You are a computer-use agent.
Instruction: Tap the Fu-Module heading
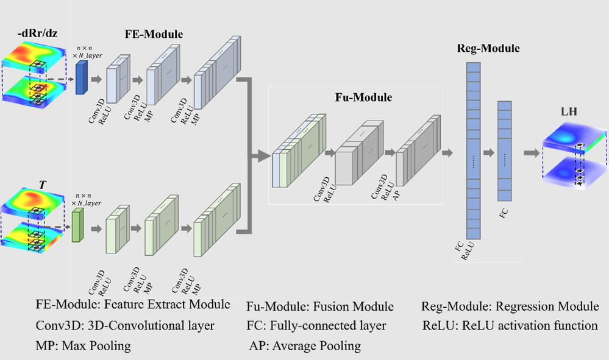click(x=363, y=97)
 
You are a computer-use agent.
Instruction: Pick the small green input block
click(x=77, y=225)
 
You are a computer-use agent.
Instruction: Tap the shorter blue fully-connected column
click(x=504, y=155)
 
